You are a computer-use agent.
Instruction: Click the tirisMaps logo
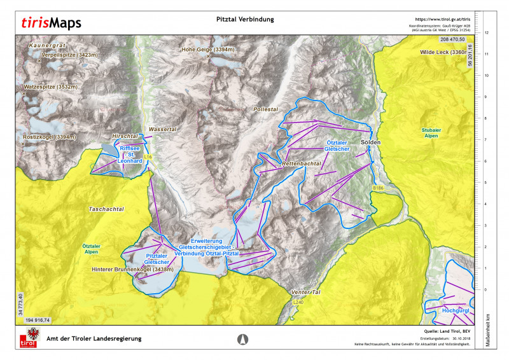point(51,24)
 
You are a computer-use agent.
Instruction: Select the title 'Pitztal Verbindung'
point(245,19)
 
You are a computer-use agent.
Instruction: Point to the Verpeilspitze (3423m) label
point(69,55)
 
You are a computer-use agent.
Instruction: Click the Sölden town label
point(370,142)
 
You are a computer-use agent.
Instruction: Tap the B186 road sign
point(379,188)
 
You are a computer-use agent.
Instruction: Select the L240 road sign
point(298,303)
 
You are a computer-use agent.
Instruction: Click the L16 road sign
point(148,156)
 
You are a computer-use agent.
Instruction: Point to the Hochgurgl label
point(456,311)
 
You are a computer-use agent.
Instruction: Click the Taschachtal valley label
point(106,209)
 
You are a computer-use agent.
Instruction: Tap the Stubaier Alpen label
point(431,133)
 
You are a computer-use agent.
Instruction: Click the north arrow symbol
point(242,339)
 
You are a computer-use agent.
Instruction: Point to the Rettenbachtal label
point(300,164)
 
